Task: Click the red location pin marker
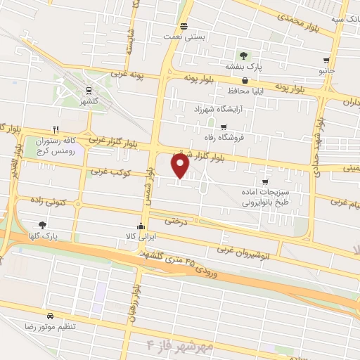181,167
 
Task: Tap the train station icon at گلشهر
89,91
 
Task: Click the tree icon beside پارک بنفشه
243,55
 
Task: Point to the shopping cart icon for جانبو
326,60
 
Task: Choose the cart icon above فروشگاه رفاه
224,127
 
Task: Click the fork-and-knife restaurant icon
56,129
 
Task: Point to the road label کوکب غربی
107,172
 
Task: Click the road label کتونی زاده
49,202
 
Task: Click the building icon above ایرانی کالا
141,226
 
